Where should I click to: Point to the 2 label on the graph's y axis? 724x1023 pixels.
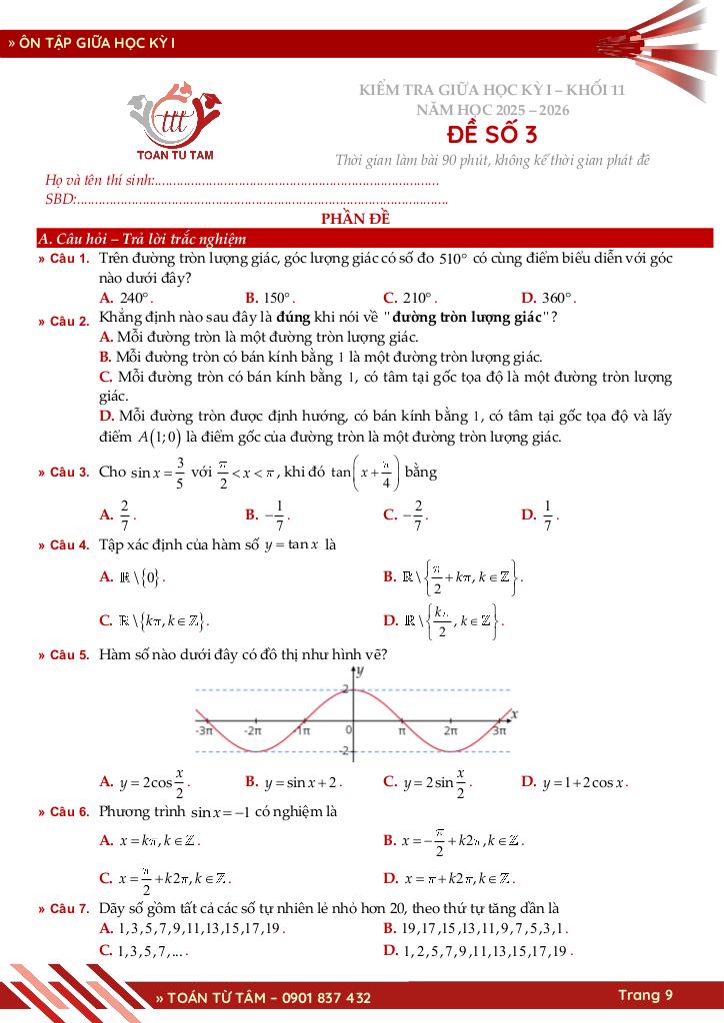click(344, 689)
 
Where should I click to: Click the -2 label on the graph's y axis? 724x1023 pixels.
click(343, 751)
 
